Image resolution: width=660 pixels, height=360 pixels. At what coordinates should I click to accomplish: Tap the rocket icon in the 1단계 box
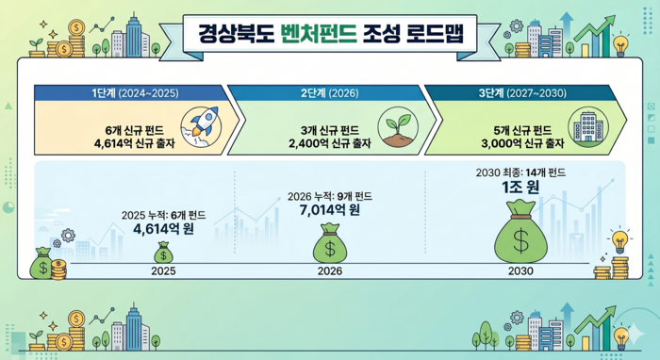pyautogui.click(x=201, y=128)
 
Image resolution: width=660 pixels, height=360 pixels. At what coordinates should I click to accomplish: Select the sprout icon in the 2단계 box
pyautogui.click(x=396, y=128)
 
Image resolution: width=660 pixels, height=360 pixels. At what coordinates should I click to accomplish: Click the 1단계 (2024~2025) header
pyautogui.click(x=128, y=93)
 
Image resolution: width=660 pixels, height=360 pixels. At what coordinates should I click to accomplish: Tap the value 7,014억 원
pyautogui.click(x=330, y=210)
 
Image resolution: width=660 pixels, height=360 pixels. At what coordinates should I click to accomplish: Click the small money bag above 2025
pyautogui.click(x=164, y=253)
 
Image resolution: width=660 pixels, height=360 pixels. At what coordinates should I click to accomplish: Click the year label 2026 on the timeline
pyautogui.click(x=330, y=270)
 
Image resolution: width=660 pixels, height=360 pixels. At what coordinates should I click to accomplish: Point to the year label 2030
pyautogui.click(x=520, y=270)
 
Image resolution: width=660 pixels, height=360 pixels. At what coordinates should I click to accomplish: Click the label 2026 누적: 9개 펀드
pyautogui.click(x=330, y=195)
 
